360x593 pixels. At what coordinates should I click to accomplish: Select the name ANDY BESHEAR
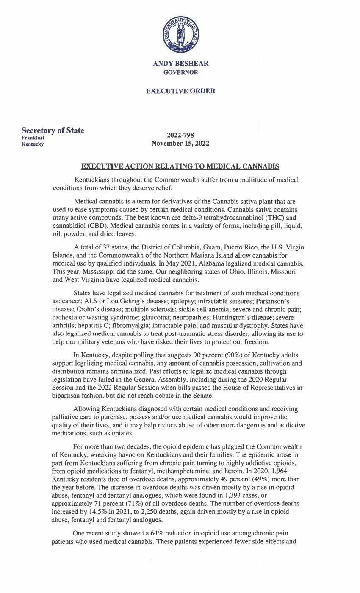(180, 64)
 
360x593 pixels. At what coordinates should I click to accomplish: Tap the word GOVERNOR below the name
(180, 72)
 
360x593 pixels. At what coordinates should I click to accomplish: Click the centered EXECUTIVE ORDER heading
(180, 91)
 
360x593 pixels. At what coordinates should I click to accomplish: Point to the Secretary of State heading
(53, 130)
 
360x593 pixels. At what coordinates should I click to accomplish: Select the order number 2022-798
(180, 136)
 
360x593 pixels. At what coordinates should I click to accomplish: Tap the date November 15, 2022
(180, 144)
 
